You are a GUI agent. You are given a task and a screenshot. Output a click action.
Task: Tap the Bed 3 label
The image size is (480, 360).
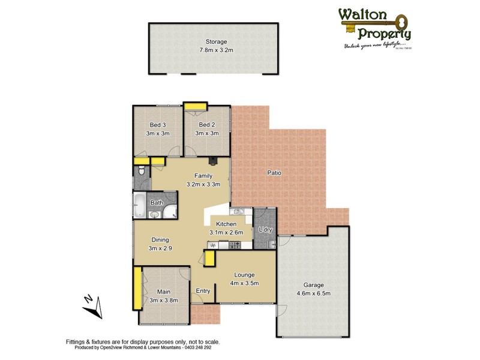pyautogui.click(x=158, y=125)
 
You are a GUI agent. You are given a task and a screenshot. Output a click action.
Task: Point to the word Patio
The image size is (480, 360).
pyautogui.click(x=275, y=173)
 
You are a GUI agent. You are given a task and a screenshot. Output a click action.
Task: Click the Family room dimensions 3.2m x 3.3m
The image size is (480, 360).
pyautogui.click(x=203, y=184)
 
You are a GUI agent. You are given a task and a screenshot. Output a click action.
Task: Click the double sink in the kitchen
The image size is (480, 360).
pyautogui.click(x=238, y=211)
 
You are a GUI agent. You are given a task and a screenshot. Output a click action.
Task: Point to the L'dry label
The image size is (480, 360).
pyautogui.click(x=265, y=229)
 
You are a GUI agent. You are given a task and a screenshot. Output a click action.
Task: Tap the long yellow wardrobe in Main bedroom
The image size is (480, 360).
pyautogui.click(x=137, y=288)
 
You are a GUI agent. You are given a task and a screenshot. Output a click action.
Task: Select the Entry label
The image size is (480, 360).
pyautogui.click(x=203, y=291)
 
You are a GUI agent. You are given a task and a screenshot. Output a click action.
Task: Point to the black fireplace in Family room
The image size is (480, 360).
pyautogui.click(x=212, y=160)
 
